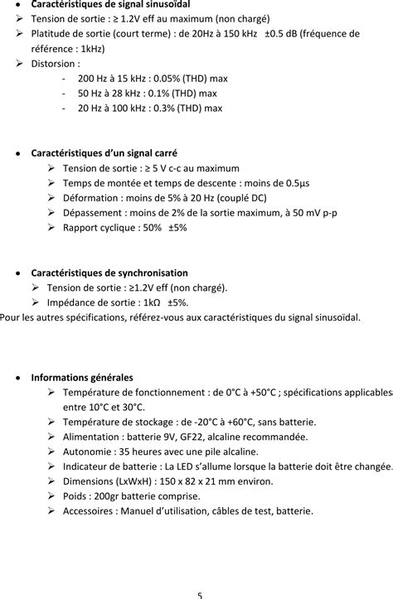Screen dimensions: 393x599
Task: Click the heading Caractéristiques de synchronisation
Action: (x=109, y=273)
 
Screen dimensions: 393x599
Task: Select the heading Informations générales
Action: (x=82, y=377)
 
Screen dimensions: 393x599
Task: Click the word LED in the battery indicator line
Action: (x=188, y=466)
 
